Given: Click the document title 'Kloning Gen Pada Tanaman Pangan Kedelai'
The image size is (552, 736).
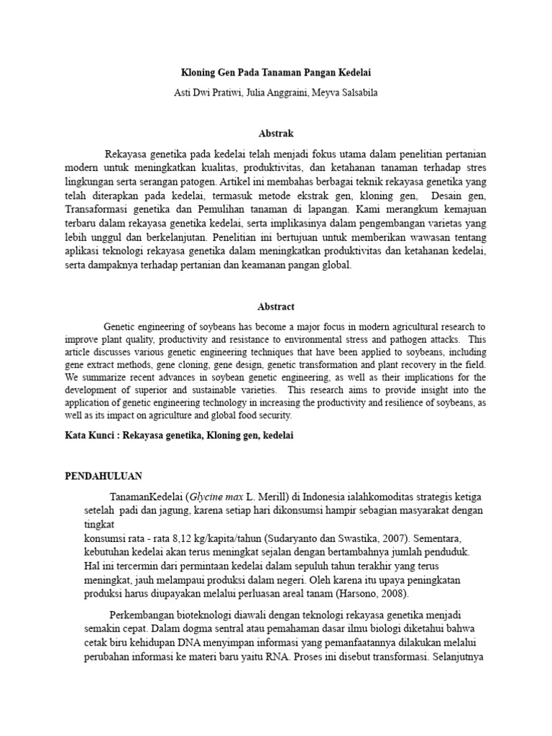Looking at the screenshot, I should pyautogui.click(x=276, y=73).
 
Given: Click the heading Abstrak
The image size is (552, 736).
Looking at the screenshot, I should pyautogui.click(x=276, y=134).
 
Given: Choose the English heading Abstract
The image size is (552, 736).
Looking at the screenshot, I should pyautogui.click(x=276, y=306).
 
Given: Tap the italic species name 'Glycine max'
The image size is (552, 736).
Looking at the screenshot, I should pyautogui.click(x=216, y=497).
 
